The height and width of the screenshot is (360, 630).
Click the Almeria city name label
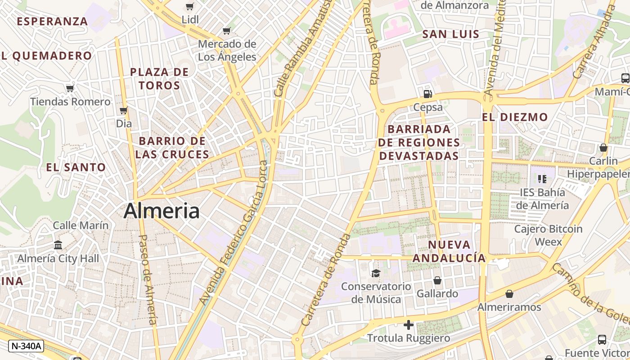pos(162,211)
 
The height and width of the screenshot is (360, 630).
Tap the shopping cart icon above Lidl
pos(189,7)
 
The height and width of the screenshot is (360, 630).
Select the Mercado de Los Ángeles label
pos(227,50)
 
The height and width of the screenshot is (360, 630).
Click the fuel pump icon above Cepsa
pos(427,94)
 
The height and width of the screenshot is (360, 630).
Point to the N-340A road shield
pos(26,346)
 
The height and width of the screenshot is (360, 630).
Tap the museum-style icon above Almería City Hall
pos(58,245)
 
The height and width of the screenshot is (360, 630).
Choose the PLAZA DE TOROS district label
pos(159,78)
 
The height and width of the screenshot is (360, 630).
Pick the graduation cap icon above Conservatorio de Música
pos(375,273)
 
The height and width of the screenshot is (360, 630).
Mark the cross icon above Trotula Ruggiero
pos(409,325)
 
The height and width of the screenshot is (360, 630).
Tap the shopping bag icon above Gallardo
pos(437,280)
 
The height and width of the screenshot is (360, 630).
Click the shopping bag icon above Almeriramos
pos(509,294)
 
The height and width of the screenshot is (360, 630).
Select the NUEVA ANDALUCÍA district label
pos(449,251)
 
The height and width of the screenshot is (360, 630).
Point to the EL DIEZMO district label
pos(515,117)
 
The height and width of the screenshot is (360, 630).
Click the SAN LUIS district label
pos(451,34)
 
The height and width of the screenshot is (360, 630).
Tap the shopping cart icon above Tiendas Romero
pos(70,88)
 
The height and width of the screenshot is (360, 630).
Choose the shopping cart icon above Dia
pos(123,110)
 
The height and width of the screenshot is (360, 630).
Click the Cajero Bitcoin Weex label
pos(548,235)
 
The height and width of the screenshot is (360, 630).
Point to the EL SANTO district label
pos(76,167)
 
